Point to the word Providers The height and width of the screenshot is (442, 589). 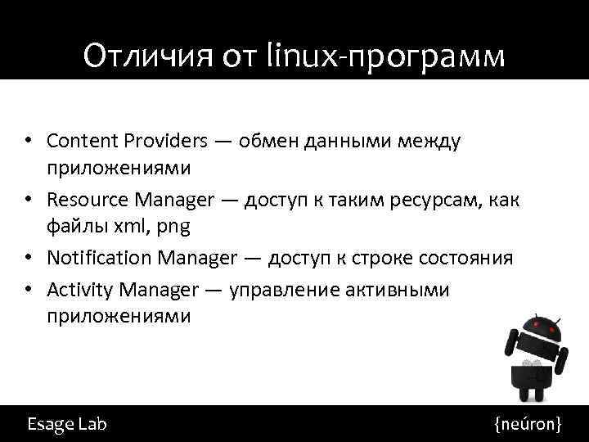[x=168, y=141]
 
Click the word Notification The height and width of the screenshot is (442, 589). [x=100, y=259]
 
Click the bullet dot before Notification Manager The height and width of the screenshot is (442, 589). [x=29, y=259]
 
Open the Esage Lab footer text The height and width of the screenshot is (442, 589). [x=66, y=424]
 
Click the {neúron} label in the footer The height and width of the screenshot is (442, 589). [x=528, y=424]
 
